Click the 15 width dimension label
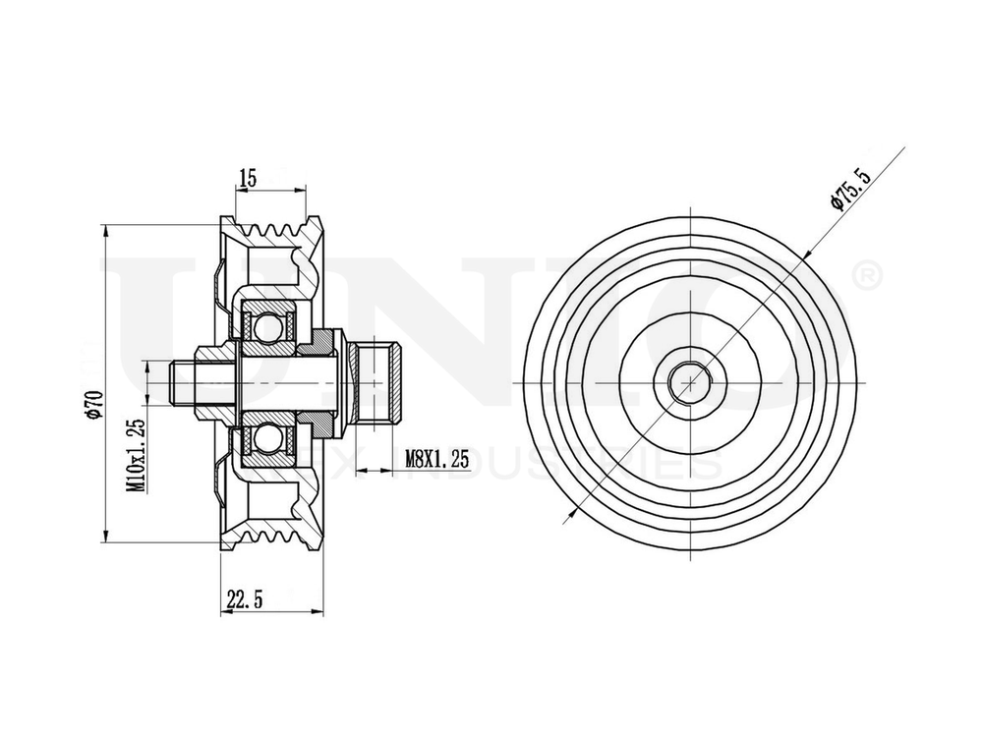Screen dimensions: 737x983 pyautogui.click(x=247, y=178)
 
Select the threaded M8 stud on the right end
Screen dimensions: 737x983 pyautogui.click(x=385, y=383)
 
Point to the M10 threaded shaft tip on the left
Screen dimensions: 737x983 pyautogui.click(x=182, y=383)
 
